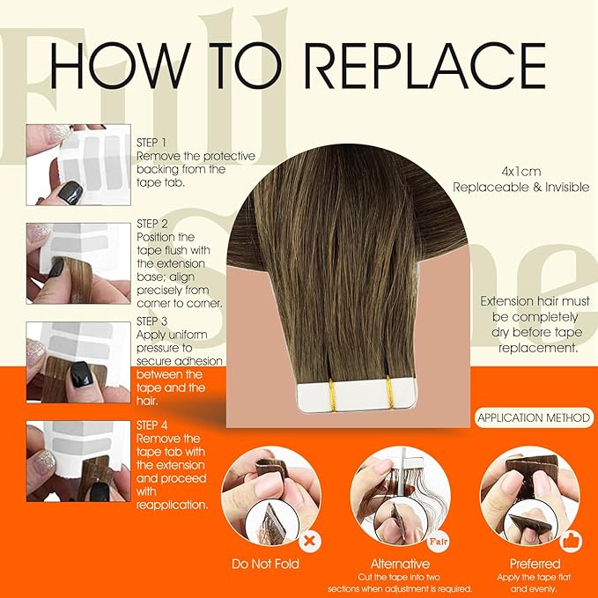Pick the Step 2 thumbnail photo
click(78, 263)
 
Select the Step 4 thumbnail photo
click(78, 463)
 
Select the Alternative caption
click(400, 564)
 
